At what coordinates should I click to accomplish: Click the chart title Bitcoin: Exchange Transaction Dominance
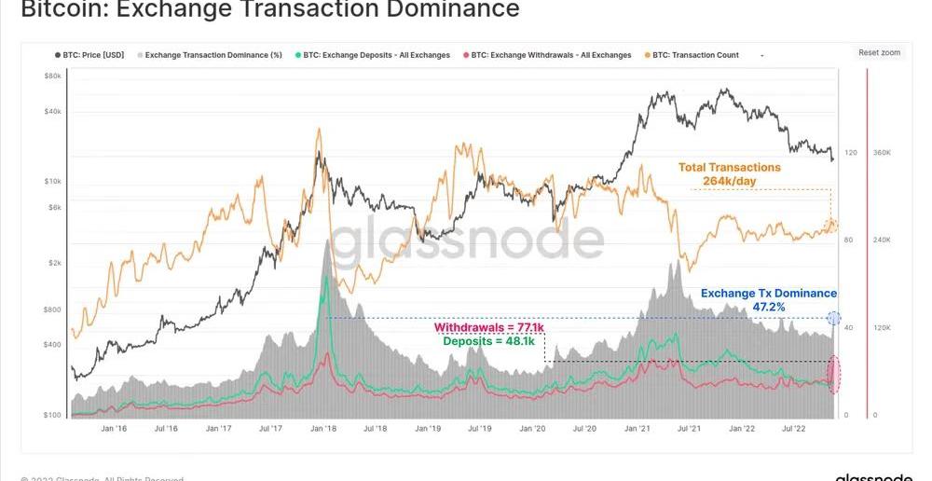(270, 10)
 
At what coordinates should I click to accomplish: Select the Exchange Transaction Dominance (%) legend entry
(213, 55)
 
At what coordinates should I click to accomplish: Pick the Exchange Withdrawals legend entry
(550, 55)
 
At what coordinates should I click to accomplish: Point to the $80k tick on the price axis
(52, 76)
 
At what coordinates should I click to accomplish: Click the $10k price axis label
(52, 181)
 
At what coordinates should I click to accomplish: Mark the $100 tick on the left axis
(52, 414)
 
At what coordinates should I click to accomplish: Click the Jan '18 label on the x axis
(323, 429)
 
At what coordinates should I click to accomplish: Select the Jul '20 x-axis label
(585, 429)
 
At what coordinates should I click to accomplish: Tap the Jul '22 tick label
(794, 429)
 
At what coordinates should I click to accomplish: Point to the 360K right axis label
(882, 152)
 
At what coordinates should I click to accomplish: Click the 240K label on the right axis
(882, 240)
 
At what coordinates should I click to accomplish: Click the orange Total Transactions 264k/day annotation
(730, 174)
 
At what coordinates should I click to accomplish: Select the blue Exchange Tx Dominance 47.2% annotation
(769, 299)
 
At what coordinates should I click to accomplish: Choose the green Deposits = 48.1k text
(488, 341)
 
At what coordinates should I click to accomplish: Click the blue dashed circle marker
(834, 319)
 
